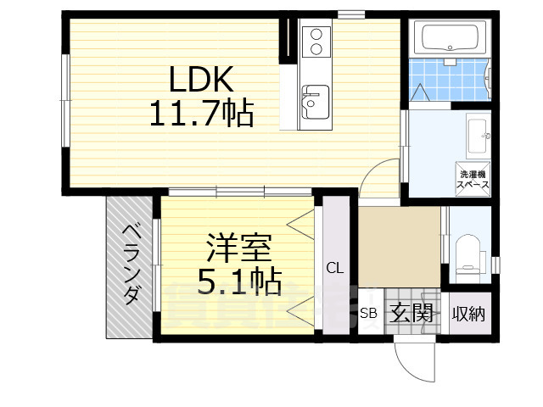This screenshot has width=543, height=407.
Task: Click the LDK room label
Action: click(x=200, y=80)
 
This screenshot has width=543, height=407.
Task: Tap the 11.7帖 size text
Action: click(x=201, y=113)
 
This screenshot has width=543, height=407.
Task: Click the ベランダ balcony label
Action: click(x=131, y=264)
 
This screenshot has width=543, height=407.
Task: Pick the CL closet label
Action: click(x=335, y=268)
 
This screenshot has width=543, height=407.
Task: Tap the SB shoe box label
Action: click(x=368, y=314)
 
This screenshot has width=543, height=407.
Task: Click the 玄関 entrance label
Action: click(x=412, y=314)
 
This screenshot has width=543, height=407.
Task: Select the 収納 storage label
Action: click(x=468, y=314)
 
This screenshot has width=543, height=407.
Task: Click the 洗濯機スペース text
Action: click(x=473, y=179)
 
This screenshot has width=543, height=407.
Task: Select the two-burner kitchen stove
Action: click(x=314, y=41)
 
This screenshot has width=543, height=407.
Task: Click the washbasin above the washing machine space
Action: click(x=477, y=131)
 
